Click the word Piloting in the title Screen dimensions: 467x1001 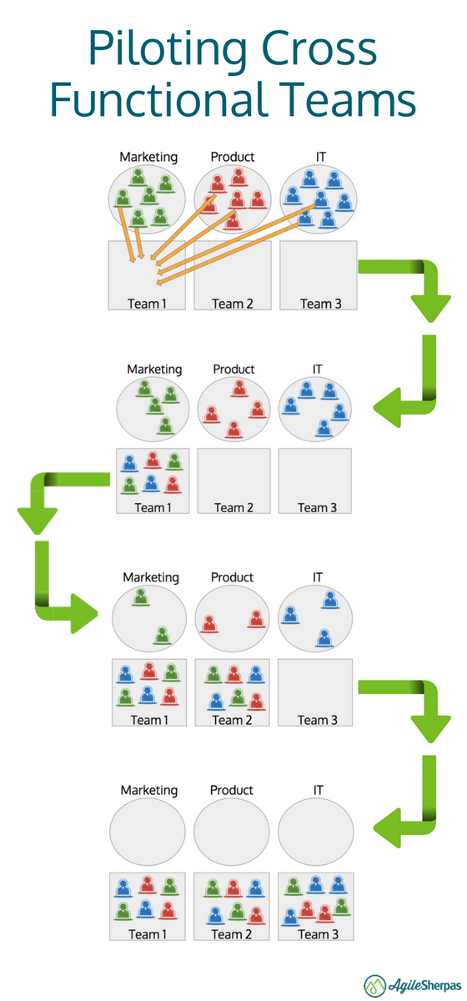point(168,49)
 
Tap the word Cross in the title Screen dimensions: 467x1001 point(319,47)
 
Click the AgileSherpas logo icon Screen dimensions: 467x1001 point(374,985)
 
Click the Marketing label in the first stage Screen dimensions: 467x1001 point(148,157)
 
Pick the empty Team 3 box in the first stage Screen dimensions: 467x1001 point(319,275)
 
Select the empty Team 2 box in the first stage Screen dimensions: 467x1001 point(233,275)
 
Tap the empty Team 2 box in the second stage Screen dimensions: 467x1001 point(233,480)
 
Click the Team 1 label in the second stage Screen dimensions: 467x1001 point(153,508)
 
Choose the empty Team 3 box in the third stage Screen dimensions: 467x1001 point(315,692)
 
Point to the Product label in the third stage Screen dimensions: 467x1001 point(232,577)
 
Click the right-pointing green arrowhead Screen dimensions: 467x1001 point(84,613)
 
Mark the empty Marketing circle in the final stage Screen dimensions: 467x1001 point(148,832)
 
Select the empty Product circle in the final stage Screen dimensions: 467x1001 point(232,832)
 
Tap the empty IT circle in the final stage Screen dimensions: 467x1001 point(315,832)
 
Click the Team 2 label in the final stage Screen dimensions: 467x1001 point(232,934)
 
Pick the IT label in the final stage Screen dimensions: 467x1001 point(318,790)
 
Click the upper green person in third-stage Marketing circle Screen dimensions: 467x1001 point(141,597)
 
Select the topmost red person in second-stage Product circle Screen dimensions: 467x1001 point(239,389)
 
